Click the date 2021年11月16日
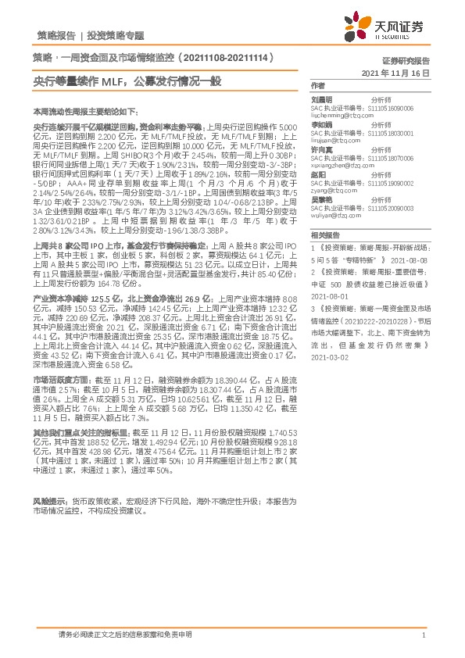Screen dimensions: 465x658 (x=397, y=72)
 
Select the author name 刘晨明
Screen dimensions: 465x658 (x=321, y=100)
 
